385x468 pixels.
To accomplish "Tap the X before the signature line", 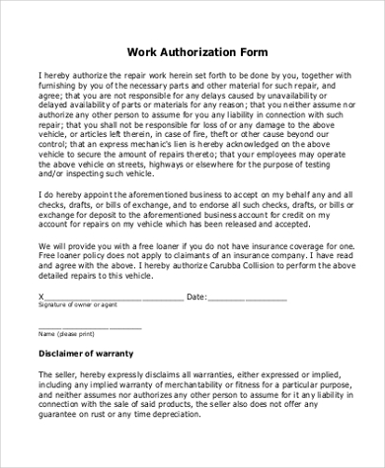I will (40, 296).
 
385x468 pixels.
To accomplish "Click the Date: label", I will (195, 296).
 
